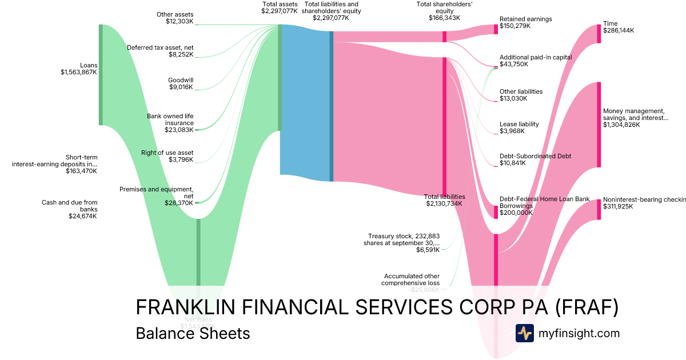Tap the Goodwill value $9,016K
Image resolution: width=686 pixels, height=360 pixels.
pos(181,87)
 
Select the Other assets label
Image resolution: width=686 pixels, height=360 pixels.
pos(175,14)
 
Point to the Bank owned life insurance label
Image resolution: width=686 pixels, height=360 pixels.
pos(170,119)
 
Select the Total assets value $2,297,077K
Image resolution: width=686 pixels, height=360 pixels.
pos(280,11)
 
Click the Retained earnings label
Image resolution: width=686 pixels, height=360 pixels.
pos(526,19)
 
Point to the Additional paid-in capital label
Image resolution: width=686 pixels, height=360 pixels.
pos(536,57)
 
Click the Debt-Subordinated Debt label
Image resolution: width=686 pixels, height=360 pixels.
pos(536,156)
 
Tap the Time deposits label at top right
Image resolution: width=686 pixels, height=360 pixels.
pos(610,23)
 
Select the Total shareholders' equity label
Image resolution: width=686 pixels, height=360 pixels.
pos(444,7)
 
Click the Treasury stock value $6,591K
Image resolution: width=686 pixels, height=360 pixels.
pos(428,250)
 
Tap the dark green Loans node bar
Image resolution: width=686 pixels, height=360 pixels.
pos(101,74)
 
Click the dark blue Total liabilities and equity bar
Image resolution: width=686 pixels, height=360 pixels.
pos(331,106)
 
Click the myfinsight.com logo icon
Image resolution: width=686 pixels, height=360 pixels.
pos(524,333)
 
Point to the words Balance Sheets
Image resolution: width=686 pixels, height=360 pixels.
pos(193,333)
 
